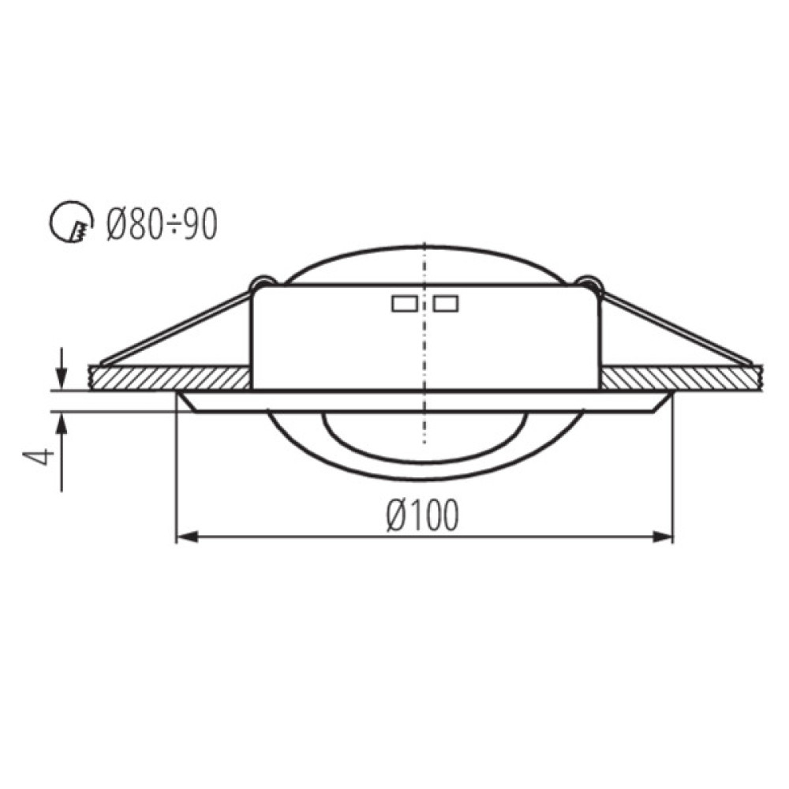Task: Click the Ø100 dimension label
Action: [423, 515]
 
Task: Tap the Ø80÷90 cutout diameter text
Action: [162, 224]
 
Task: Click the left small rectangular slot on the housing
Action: [404, 304]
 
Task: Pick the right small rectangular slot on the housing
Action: [446, 304]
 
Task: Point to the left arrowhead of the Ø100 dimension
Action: [187, 537]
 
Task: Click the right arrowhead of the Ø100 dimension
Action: [662, 537]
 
